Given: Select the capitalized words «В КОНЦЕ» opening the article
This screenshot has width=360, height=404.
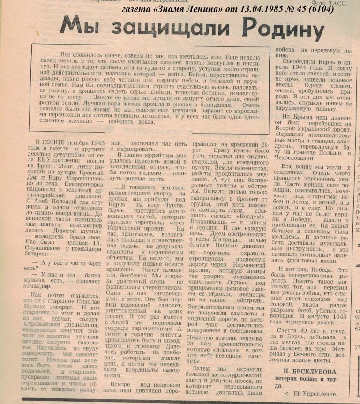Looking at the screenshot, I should pos(49,141).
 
